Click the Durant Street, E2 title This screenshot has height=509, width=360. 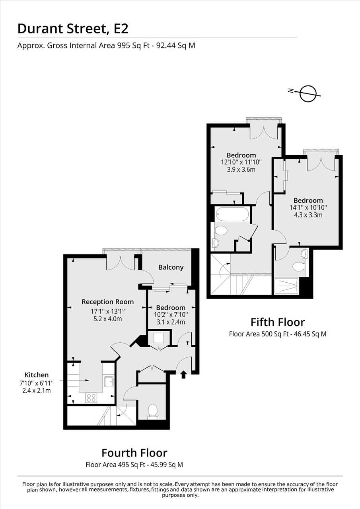pyautogui.click(x=73, y=29)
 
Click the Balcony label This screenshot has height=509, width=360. pyautogui.click(x=171, y=267)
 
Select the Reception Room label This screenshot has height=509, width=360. pyautogui.click(x=107, y=302)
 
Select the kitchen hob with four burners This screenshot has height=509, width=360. pyautogui.click(x=91, y=398)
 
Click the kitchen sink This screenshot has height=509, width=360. pyautogui.click(x=109, y=382)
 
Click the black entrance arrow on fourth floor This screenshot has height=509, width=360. pyautogui.click(x=184, y=375)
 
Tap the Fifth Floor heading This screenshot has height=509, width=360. pyautogui.click(x=278, y=322)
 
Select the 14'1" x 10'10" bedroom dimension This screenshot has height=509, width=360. pyautogui.click(x=308, y=208)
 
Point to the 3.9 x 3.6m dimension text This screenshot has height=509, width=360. pyautogui.click(x=241, y=169)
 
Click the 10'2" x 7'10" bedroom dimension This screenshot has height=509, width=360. pyautogui.click(x=171, y=315)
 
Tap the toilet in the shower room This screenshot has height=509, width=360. pyautogui.click(x=299, y=267)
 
